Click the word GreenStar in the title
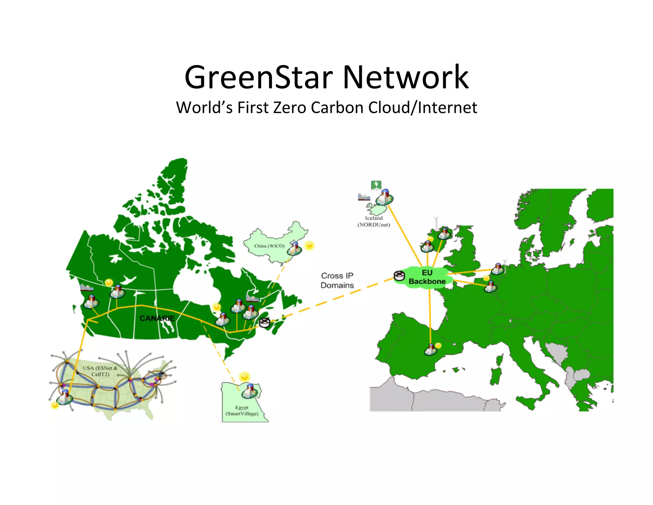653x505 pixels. [x=259, y=78]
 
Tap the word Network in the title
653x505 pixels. [x=405, y=78]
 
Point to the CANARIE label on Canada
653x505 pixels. [x=157, y=318]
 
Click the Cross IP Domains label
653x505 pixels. [x=337, y=280]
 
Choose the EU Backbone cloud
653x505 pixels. [x=427, y=277]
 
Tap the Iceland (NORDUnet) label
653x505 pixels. [x=374, y=221]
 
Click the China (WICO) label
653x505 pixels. [x=269, y=246]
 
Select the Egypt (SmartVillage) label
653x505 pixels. [x=242, y=411]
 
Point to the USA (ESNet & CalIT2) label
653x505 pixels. [x=100, y=371]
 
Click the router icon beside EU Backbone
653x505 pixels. [x=399, y=275]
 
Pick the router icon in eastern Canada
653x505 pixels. [x=264, y=322]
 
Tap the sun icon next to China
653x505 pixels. [x=309, y=245]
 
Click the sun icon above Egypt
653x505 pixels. [x=245, y=377]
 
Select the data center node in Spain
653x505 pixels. [x=430, y=350]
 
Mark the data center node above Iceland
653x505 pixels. [x=384, y=197]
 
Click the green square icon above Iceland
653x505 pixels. [x=376, y=185]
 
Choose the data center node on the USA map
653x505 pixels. [x=64, y=397]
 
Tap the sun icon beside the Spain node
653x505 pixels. [x=438, y=345]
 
